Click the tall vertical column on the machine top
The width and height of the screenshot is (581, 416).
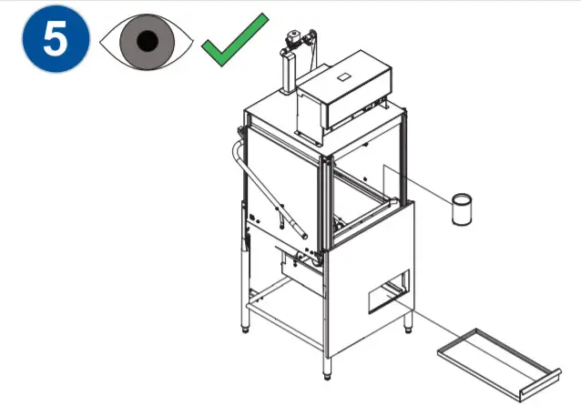tap(288, 73)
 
